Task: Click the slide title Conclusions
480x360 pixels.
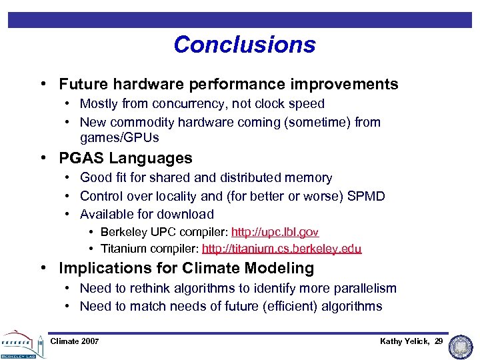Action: tap(244, 45)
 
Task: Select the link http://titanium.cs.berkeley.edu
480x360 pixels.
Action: tap(281, 249)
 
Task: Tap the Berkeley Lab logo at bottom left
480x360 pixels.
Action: tap(21, 343)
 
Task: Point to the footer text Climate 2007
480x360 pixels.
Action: tap(75, 341)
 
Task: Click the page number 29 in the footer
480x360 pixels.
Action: tap(438, 341)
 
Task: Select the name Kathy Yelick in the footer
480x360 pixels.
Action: tap(404, 341)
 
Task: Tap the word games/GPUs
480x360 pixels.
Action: tap(119, 138)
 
